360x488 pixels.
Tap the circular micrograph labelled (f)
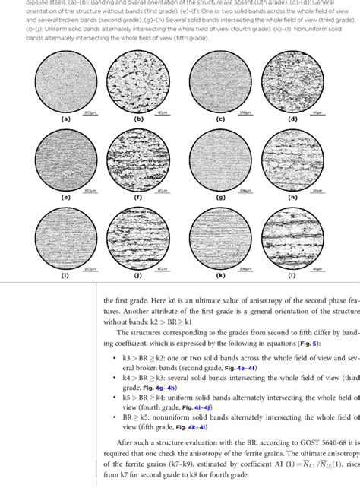[x=141, y=157]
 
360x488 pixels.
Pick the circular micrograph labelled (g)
[x=219, y=157]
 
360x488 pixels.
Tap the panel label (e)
[x=66, y=196]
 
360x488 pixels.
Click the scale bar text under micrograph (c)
[x=245, y=112]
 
